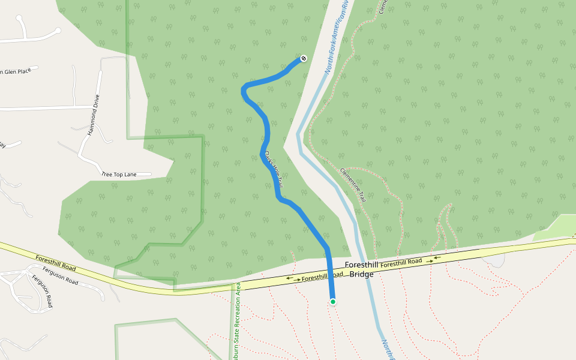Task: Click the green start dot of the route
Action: pyautogui.click(x=332, y=302)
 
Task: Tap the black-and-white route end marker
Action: pyautogui.click(x=304, y=58)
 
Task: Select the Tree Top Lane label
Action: pyautogui.click(x=119, y=175)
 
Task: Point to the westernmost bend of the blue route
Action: pyautogui.click(x=243, y=91)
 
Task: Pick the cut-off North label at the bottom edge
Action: pyautogui.click(x=386, y=350)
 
